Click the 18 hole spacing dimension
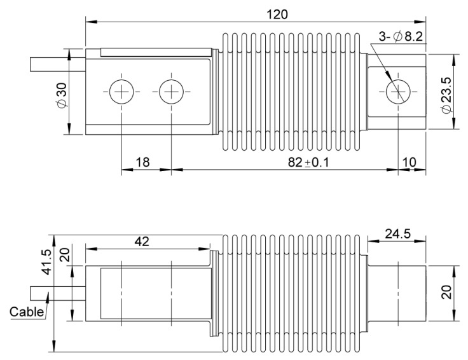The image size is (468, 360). click(x=143, y=162)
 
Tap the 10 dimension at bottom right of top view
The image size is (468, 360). click(x=409, y=162)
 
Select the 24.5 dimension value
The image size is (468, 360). click(x=396, y=233)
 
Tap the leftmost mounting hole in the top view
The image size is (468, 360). click(x=120, y=93)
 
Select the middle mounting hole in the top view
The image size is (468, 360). click(x=170, y=93)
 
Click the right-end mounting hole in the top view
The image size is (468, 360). click(x=399, y=93)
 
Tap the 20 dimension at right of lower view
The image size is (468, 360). click(x=448, y=293)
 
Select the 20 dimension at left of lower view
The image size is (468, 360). click(x=64, y=256)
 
